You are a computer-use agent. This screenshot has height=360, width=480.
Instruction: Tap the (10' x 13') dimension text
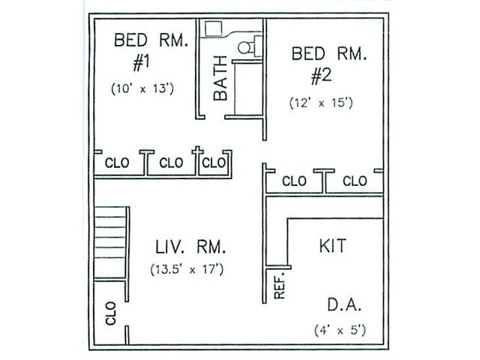click(143, 88)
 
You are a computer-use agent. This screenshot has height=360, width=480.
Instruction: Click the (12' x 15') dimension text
click(321, 103)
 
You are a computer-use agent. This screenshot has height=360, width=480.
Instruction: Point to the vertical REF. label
click(280, 285)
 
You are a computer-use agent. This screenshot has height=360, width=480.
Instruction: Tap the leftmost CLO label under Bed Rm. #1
click(116, 163)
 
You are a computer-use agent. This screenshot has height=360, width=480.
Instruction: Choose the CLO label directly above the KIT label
click(354, 181)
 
